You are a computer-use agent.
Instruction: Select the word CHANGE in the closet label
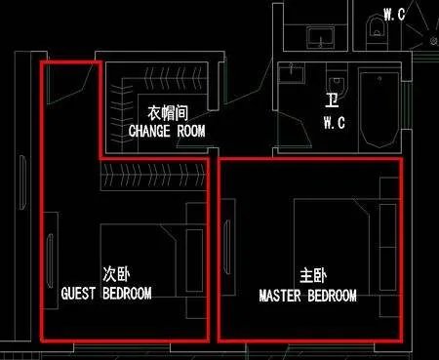(150, 130)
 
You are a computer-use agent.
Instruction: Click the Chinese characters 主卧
(313, 276)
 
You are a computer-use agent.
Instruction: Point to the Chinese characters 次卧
(115, 273)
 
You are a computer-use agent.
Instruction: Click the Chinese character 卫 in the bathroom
(332, 100)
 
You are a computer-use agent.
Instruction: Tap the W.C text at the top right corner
(395, 14)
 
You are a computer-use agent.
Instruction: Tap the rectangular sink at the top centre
(321, 38)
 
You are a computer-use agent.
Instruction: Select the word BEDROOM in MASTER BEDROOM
(329, 295)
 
